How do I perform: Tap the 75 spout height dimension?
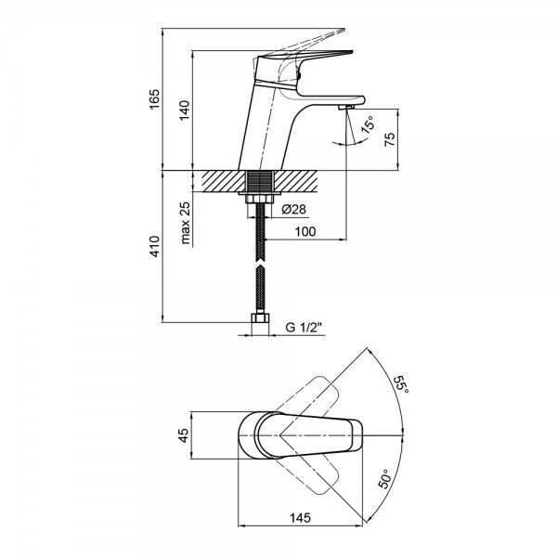pyautogui.click(x=390, y=139)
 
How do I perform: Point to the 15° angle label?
pyautogui.click(x=367, y=127)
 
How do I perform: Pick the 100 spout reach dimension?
pyautogui.click(x=305, y=231)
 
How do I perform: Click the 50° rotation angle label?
pyautogui.click(x=385, y=481)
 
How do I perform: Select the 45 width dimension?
pyautogui.click(x=184, y=435)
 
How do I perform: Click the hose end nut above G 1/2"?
pyautogui.click(x=261, y=322)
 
